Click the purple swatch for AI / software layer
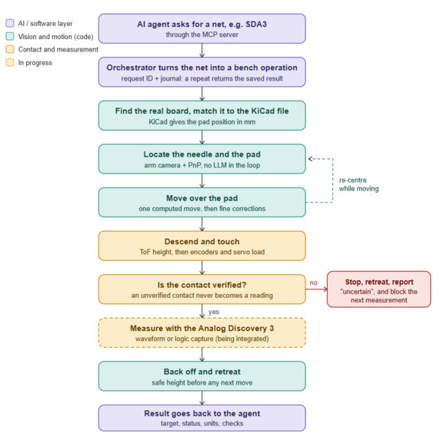click(10, 23)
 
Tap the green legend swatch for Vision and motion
click(10, 36)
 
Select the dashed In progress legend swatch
click(10, 62)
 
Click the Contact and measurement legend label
click(58, 49)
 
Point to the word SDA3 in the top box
click(256, 24)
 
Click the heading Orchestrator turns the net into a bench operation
click(202, 68)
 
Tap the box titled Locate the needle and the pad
click(202, 159)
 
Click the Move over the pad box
click(202, 202)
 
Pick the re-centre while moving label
click(358, 184)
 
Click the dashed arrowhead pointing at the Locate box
click(311, 159)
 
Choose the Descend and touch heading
click(202, 242)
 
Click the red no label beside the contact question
click(314, 283)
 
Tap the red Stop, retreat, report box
click(378, 289)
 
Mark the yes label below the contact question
click(214, 312)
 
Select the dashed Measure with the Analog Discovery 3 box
click(202, 332)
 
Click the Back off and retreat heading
click(202, 372)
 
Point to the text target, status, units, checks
click(202, 423)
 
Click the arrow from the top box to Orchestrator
click(202, 51)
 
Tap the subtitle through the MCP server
click(202, 35)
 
